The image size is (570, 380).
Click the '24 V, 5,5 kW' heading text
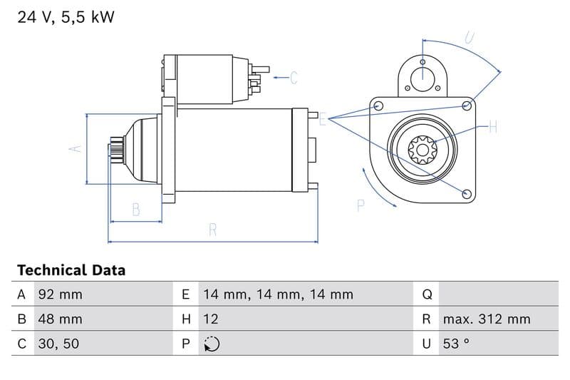[66, 17]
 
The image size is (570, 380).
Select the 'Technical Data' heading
[71, 270]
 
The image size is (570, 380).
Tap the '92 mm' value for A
[60, 294]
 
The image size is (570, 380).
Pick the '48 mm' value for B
[60, 319]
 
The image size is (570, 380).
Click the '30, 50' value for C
[58, 344]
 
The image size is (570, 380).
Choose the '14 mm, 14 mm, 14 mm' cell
[277, 294]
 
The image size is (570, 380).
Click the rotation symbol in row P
[211, 344]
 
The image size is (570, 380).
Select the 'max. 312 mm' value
[486, 319]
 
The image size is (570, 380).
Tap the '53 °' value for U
[456, 344]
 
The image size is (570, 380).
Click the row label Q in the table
[427, 294]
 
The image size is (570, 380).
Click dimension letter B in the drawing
[135, 210]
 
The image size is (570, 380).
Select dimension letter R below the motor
[212, 230]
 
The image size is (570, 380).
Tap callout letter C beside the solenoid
[294, 77]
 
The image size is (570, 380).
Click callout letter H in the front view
[492, 128]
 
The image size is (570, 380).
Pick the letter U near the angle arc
[470, 37]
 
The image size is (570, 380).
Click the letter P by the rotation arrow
[361, 205]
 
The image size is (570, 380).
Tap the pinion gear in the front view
[423, 150]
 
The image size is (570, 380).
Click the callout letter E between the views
[322, 120]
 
